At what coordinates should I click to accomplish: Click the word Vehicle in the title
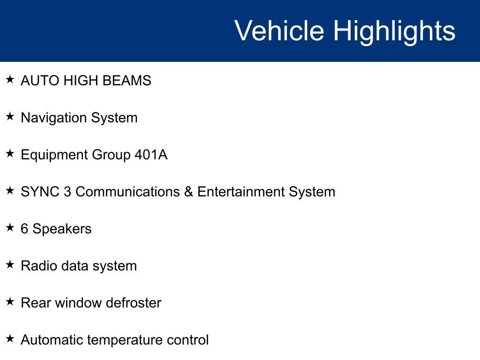[x=279, y=31]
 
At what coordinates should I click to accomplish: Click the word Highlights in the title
[x=394, y=31]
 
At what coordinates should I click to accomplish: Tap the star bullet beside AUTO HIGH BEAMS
[x=10, y=80]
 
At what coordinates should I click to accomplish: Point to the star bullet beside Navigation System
[x=10, y=117]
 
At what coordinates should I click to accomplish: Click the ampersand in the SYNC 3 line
[x=188, y=192]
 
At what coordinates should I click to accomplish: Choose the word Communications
[x=127, y=192]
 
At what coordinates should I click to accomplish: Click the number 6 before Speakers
[x=24, y=229]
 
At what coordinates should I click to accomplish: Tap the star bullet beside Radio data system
[x=10, y=265]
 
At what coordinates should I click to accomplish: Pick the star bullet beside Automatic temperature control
[x=10, y=339]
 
